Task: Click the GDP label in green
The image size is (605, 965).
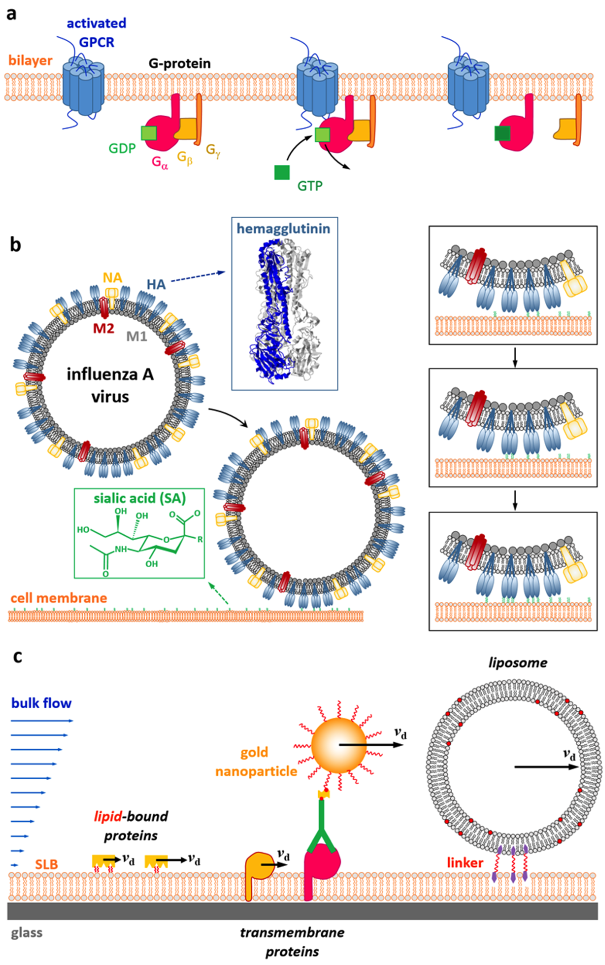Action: point(122,149)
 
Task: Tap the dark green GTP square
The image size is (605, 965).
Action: point(282,172)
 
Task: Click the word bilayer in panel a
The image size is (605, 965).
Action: point(31,61)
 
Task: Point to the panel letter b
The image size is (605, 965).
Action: point(15,245)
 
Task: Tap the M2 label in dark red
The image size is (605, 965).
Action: point(104,328)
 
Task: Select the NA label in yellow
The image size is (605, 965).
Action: point(113,278)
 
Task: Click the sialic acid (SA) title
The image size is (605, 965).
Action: point(140,498)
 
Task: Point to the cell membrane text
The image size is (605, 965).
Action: point(59,598)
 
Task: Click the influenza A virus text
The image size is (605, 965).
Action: point(110,386)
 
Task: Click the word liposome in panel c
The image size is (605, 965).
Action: point(517,663)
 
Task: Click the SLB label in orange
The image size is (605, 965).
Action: point(46,864)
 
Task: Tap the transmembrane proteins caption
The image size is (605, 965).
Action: point(292,942)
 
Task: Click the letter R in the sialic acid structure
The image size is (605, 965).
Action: point(200,540)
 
